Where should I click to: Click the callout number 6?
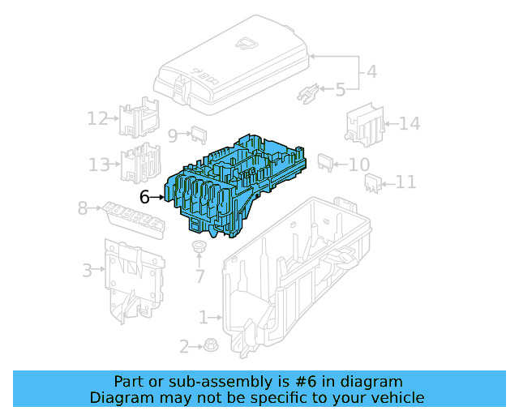point(144,196)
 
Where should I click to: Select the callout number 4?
point(371,71)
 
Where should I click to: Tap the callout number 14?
point(410,124)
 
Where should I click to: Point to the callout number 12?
point(98,119)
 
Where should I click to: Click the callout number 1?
point(204,316)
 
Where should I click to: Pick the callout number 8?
point(82,208)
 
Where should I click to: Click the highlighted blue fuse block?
point(235,182)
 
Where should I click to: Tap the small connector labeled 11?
point(373,182)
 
